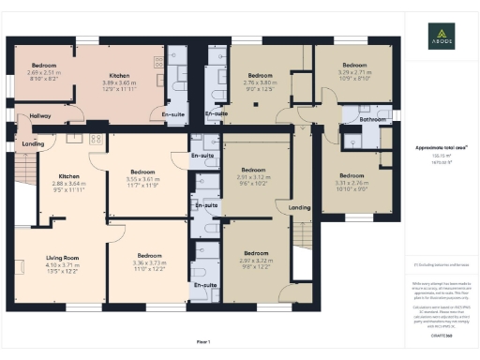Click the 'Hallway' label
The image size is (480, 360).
pos(39,116)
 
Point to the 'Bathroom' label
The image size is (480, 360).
pos(360,119)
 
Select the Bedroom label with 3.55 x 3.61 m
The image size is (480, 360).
pos(142,172)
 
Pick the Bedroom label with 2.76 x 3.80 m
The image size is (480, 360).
pos(260,75)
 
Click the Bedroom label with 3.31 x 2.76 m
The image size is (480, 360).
pos(352,175)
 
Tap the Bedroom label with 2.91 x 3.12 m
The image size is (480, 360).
pos(254,172)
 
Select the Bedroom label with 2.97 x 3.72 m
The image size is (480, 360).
pos(256,253)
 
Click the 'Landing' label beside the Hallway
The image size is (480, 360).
pos(33,143)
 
